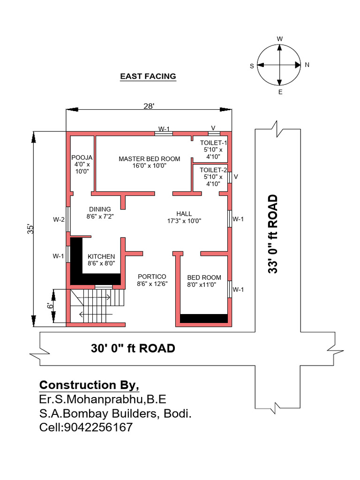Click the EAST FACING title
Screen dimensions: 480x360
tap(148, 76)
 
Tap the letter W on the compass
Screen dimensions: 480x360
tap(280, 38)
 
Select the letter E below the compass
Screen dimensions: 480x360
tap(280, 92)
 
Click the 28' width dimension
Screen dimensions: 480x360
tap(149, 106)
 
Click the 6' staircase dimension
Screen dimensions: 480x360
tap(50, 306)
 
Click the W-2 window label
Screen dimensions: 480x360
tap(59, 219)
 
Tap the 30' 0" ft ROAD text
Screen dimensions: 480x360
tap(133, 348)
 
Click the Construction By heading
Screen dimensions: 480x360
tap(89, 385)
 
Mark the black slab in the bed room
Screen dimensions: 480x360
tap(204, 318)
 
